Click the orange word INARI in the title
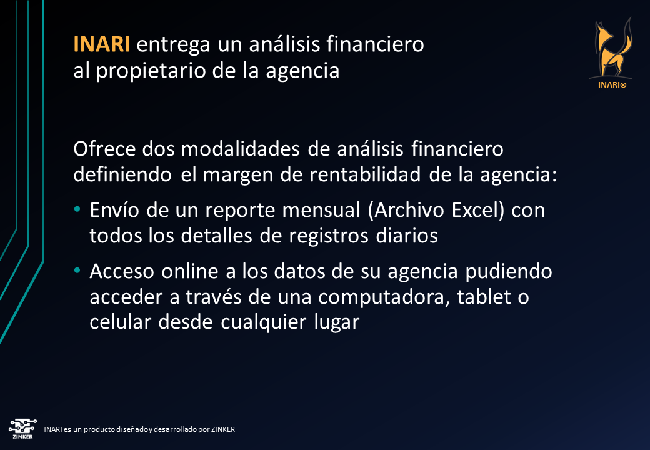(x=101, y=44)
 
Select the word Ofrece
(x=104, y=148)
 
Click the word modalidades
(x=241, y=148)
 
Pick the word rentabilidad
(x=365, y=174)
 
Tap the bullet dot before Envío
(x=77, y=209)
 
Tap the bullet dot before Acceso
(x=77, y=271)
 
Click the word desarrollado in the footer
(x=175, y=429)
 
